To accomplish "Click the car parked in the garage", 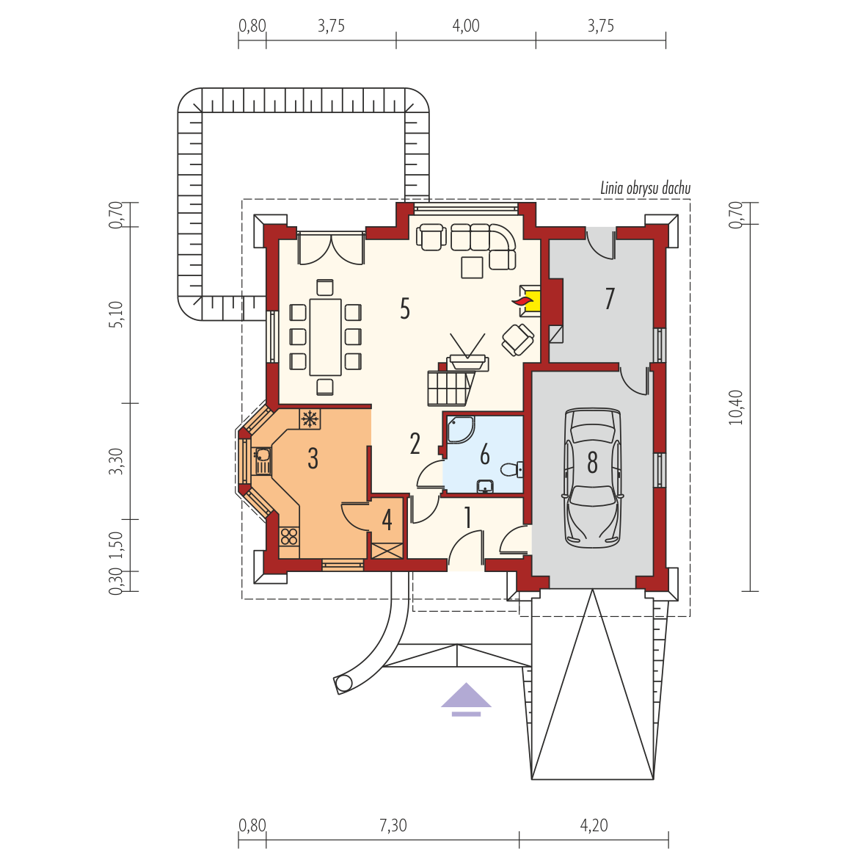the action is pyautogui.click(x=592, y=478).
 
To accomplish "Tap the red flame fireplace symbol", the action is pyautogui.click(x=522, y=301).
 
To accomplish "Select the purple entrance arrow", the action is pyautogui.click(x=466, y=700).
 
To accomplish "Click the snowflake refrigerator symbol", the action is pyautogui.click(x=310, y=419).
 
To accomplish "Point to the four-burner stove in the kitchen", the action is pyautogui.click(x=289, y=536).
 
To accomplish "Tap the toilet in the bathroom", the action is pyautogui.click(x=511, y=470).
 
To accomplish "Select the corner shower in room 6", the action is pyautogui.click(x=460, y=430).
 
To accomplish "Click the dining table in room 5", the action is pyautogui.click(x=326, y=337).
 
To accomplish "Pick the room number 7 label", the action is pyautogui.click(x=610, y=298).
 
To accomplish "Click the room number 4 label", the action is pyautogui.click(x=387, y=520).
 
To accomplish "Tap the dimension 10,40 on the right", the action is pyautogui.click(x=736, y=407).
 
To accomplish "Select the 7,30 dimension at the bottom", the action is pyautogui.click(x=393, y=825).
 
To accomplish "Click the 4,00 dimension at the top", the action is pyautogui.click(x=466, y=26).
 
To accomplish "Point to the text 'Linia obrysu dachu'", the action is pyautogui.click(x=646, y=188).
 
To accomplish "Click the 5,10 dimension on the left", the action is pyautogui.click(x=116, y=314).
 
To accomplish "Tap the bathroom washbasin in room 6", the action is pyautogui.click(x=486, y=486).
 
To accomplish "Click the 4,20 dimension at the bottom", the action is pyautogui.click(x=594, y=825).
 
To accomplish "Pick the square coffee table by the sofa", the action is pyautogui.click(x=473, y=267).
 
